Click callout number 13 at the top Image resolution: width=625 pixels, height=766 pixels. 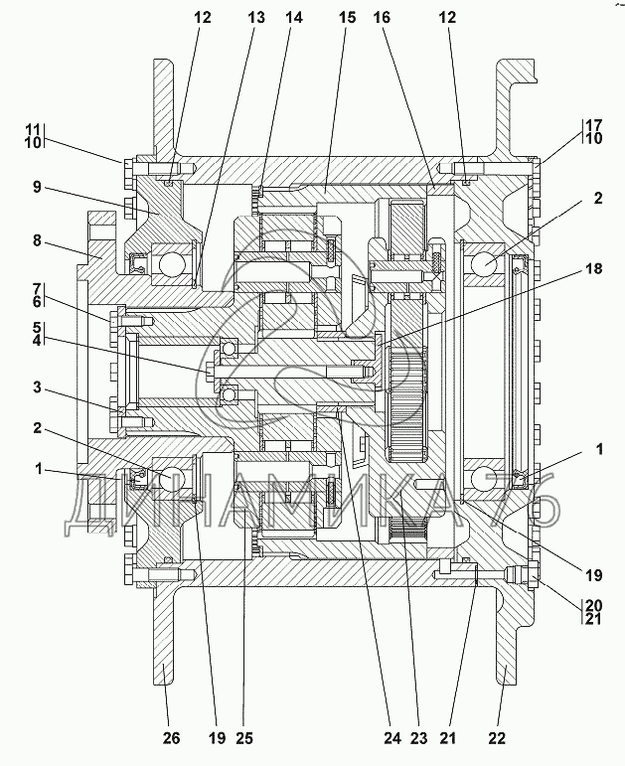coord(256,18)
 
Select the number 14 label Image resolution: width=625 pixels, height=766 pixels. coord(294,18)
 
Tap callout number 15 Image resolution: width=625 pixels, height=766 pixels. coord(347,18)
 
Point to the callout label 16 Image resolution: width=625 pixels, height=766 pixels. coord(383,18)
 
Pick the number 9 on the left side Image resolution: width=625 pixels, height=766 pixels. coord(38,187)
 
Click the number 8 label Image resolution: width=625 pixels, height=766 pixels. coord(38,241)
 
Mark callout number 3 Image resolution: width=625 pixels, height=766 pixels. coord(38,388)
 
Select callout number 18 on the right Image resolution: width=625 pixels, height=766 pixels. coord(594,268)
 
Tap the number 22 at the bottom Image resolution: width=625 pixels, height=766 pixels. coord(497,737)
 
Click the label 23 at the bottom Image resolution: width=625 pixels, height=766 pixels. coord(418,737)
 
